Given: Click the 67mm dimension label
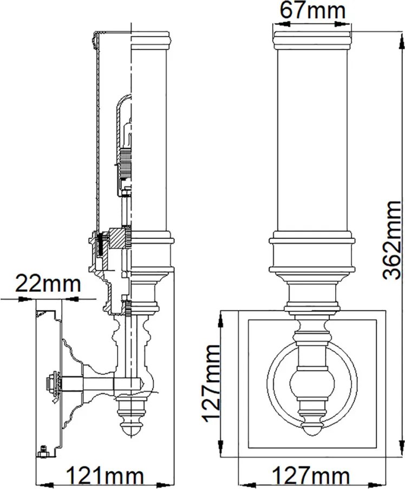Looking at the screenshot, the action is [312, 11].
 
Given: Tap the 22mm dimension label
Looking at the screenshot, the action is [48, 284].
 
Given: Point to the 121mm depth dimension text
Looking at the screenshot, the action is [106, 476].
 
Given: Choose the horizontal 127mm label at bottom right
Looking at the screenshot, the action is [311, 476].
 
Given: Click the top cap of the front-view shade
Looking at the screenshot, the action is [312, 40].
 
